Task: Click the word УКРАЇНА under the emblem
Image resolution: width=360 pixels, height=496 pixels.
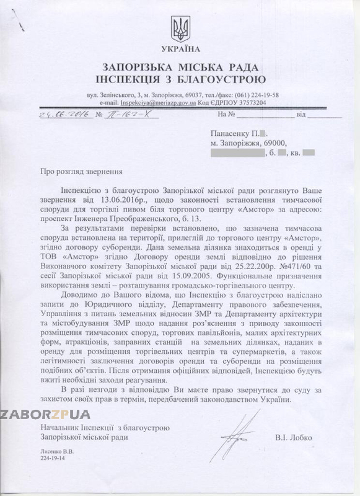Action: (x=180, y=48)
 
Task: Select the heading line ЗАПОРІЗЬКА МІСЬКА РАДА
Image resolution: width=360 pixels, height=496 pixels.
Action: (x=180, y=67)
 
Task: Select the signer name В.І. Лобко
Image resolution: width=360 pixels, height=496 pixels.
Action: (x=296, y=438)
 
